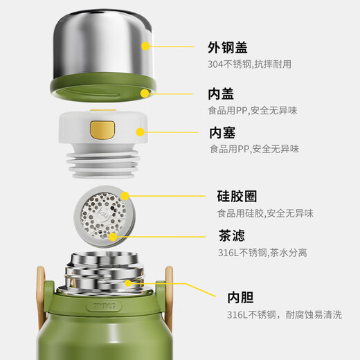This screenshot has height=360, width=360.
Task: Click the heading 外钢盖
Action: (x=228, y=48)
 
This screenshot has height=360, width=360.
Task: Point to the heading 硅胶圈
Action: (x=233, y=197)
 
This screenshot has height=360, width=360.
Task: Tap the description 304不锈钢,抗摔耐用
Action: (x=250, y=64)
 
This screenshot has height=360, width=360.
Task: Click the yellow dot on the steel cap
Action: (x=145, y=46)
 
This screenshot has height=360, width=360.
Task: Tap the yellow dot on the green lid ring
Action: (x=145, y=92)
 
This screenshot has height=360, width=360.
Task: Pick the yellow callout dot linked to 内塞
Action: (x=139, y=132)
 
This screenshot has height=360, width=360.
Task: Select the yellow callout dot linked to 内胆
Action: (x=129, y=283)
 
